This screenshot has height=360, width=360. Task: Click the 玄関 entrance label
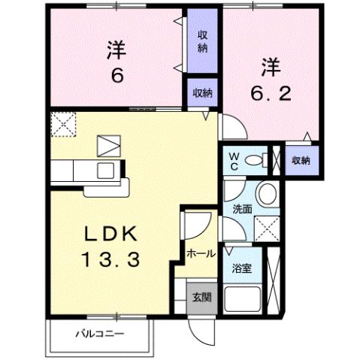[x=201, y=297]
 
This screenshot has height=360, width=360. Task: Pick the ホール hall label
[x=200, y=253]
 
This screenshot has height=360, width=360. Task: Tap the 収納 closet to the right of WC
[x=301, y=160]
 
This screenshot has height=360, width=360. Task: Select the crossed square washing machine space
[x=265, y=226]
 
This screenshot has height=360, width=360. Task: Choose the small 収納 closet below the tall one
[x=201, y=92]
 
